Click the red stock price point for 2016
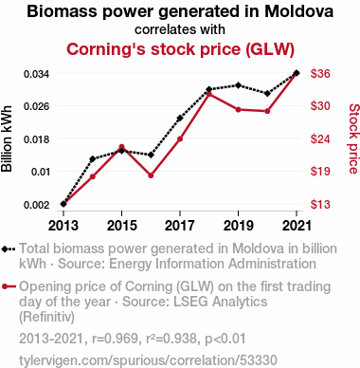coord(151,175)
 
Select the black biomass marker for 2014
coord(93,158)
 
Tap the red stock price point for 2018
coord(209,94)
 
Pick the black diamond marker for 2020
coord(267,93)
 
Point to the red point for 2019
coord(238,110)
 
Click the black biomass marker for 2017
coord(180,119)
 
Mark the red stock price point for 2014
coord(93,176)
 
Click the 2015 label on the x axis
coord(122,226)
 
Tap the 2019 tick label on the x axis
coord(238,226)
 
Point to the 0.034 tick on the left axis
coord(37,74)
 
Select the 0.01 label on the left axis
coord(41,172)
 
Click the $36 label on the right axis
coord(320,74)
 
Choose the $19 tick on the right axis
coord(320,171)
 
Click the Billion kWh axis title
coord(7,138)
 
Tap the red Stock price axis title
coord(353,138)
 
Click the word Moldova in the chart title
coord(299,11)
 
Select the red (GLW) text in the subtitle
coord(270,49)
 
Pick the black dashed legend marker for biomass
coord(9,248)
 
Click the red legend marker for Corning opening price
coord(9,286)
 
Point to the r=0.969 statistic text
coord(115,339)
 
